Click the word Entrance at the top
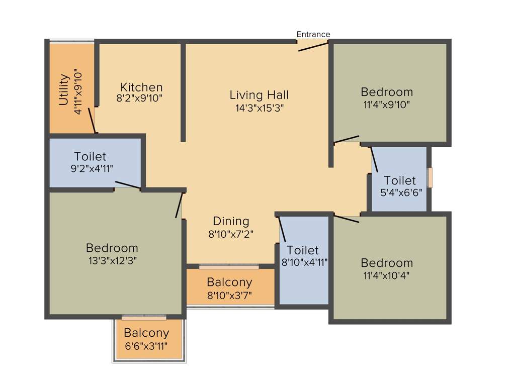point(313,34)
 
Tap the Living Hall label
point(259,94)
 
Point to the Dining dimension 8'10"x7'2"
point(231,234)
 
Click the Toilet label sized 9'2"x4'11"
point(90,156)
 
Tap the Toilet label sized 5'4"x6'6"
point(400,180)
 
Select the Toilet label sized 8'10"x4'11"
point(303,250)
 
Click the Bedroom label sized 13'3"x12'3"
point(112,248)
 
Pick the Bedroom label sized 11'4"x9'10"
point(387,92)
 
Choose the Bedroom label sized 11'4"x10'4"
point(387,263)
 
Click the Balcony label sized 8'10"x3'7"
point(229,282)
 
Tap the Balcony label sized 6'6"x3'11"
point(146,333)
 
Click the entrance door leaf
point(313,46)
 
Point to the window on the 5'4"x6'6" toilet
point(430,177)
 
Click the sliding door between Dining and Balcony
point(229,266)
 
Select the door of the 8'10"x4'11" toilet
point(282,229)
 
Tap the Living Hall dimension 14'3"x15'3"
point(259,108)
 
